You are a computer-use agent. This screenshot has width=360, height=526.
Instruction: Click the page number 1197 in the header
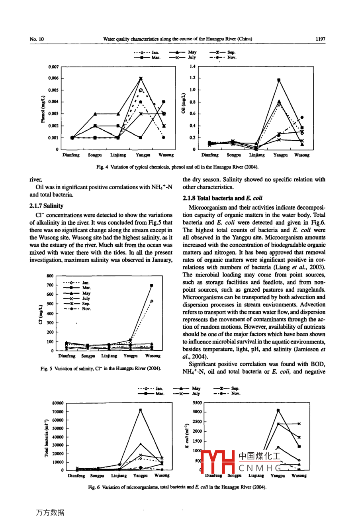320,39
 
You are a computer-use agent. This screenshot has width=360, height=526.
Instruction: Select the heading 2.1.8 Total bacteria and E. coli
222,198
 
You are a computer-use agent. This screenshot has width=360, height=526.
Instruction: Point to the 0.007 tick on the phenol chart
53,67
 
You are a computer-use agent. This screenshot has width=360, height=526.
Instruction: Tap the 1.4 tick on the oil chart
193,67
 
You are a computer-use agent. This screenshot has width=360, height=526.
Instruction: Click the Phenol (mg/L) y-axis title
43,109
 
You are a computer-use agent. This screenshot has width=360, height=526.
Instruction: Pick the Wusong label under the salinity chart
153,356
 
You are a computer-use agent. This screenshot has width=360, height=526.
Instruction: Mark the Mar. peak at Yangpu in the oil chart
279,80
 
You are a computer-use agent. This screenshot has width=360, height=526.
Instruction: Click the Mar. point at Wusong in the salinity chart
152,285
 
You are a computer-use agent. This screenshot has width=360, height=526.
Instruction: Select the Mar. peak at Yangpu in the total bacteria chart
140,410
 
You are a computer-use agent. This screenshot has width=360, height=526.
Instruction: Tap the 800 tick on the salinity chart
50,276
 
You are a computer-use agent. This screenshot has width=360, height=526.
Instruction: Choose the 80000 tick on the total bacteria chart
58,403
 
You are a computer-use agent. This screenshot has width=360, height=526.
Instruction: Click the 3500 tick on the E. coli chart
197,403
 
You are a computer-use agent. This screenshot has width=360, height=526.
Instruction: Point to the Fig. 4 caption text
177,167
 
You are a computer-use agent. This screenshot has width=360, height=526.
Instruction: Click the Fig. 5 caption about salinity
101,369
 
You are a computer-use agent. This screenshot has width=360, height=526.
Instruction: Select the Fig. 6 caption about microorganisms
177,487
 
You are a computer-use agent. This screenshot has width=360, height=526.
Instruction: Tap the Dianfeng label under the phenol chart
71,155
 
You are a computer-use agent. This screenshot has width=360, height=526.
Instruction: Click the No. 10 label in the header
37,39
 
